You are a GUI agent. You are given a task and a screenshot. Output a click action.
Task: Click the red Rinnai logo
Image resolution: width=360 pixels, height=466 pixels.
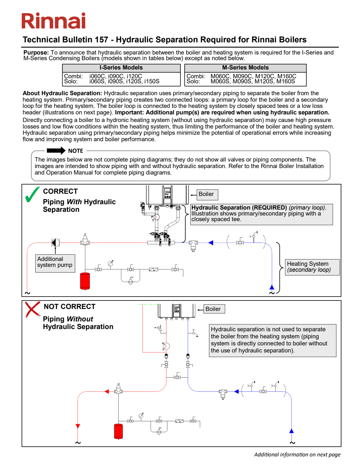[53, 21]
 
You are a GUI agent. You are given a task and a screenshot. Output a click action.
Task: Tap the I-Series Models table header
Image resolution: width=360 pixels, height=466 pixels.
[121, 68]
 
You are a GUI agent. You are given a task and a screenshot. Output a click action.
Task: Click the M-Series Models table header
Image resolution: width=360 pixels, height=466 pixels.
[245, 68]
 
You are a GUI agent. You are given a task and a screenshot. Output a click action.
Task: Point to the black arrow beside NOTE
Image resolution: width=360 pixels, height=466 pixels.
[56, 151]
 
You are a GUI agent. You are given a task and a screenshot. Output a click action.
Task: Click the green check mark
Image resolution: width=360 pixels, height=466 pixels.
[32, 194]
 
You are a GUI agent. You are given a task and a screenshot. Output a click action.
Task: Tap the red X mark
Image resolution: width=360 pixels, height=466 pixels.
[32, 309]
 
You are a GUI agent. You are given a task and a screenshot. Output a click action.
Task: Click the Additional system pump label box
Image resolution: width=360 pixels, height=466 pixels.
[55, 263]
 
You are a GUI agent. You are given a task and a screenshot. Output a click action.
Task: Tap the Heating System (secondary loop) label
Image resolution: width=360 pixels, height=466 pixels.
[312, 267]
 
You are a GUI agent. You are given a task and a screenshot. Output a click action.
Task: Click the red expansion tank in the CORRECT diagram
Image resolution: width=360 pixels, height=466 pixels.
[85, 281]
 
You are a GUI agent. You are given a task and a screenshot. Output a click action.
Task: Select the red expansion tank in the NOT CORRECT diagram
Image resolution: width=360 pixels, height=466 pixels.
[118, 431]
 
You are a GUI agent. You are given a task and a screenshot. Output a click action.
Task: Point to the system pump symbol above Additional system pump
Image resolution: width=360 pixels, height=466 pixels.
[56, 243]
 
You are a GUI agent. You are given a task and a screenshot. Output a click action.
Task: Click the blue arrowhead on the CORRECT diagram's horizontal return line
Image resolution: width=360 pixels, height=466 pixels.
[211, 243]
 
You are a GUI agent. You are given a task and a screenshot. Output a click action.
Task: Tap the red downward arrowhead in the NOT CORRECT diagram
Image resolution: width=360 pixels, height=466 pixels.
[78, 426]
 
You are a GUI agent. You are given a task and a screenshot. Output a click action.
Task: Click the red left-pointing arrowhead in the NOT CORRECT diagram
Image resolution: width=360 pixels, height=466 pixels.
[106, 392]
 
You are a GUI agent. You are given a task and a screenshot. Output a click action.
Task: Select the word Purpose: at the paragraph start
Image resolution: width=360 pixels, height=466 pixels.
[36, 53]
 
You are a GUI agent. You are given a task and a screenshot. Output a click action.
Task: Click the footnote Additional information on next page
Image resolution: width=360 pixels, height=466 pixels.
[297, 454]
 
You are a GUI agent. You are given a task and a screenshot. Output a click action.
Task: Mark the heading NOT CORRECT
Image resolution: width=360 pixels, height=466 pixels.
[69, 306]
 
